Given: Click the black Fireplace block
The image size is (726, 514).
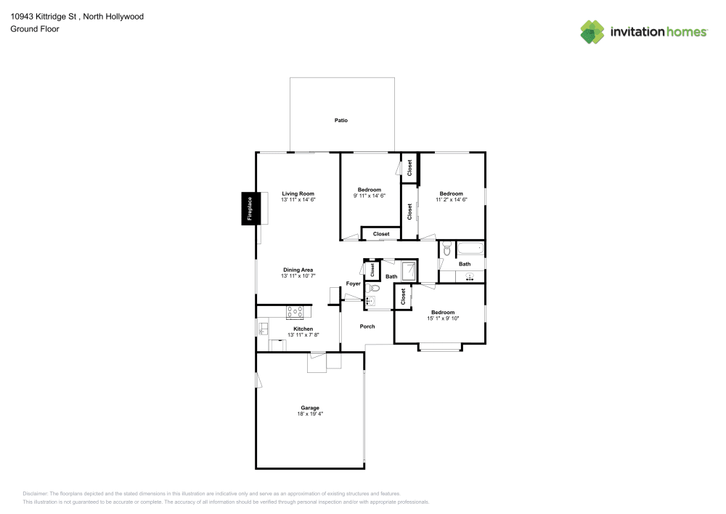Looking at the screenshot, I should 249,209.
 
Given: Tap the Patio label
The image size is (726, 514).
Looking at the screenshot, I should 340,120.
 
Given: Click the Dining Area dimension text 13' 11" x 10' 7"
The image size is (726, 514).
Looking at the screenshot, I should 298,276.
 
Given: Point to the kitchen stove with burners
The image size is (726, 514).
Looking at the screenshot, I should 295,313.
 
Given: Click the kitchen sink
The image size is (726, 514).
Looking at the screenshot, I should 262,329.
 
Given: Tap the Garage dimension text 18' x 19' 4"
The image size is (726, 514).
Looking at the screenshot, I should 310,414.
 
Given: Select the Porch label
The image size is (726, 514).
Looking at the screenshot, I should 367,326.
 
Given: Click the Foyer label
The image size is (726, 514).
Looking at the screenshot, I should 353,284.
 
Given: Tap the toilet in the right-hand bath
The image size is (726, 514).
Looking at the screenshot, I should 446,249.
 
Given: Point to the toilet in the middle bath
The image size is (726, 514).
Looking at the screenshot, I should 375,289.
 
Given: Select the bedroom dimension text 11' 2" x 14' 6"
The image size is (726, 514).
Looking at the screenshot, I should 451,199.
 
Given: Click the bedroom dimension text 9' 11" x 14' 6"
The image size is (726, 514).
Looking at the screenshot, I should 369,196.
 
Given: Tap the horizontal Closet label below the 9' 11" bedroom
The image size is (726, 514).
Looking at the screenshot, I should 381,234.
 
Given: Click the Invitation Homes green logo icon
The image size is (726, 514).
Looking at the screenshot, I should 592,32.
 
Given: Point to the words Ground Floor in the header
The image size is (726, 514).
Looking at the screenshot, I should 35,29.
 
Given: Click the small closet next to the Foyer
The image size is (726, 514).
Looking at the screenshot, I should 372,270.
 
